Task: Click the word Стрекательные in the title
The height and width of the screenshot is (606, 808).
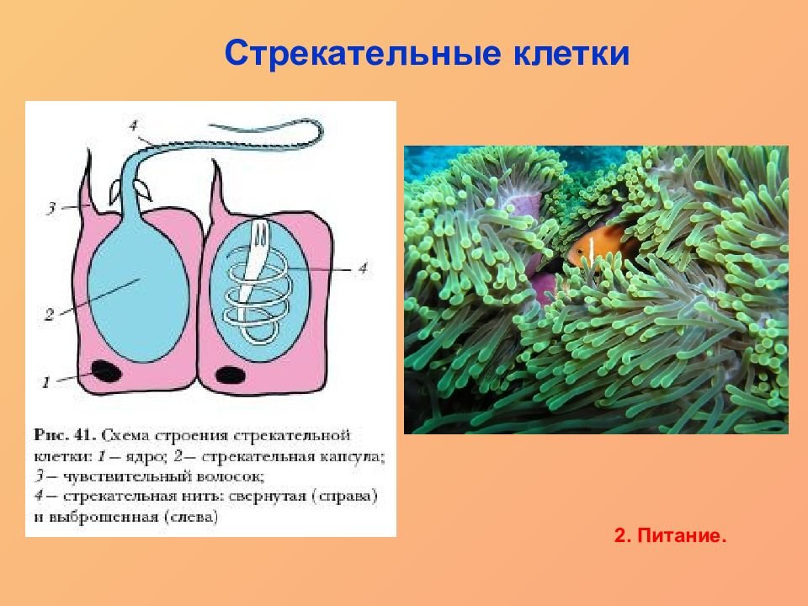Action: click(x=363, y=53)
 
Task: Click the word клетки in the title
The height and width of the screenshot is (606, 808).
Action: click(x=571, y=53)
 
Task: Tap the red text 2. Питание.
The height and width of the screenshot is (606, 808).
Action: click(x=670, y=536)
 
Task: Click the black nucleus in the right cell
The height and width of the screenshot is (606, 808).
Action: click(x=230, y=375)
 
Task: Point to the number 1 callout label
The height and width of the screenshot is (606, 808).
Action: click(x=46, y=382)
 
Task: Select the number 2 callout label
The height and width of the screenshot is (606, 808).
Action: click(x=50, y=314)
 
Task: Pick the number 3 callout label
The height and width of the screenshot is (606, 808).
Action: click(x=51, y=208)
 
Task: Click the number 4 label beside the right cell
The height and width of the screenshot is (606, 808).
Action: click(x=363, y=268)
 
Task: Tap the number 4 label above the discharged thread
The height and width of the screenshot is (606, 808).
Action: click(x=134, y=125)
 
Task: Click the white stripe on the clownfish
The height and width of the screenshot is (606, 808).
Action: click(x=591, y=249)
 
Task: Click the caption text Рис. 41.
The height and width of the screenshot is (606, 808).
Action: click(x=65, y=435)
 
